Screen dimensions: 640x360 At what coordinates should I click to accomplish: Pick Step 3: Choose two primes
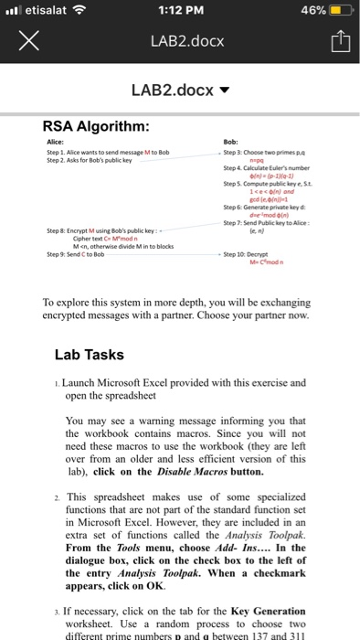pos(262,151)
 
